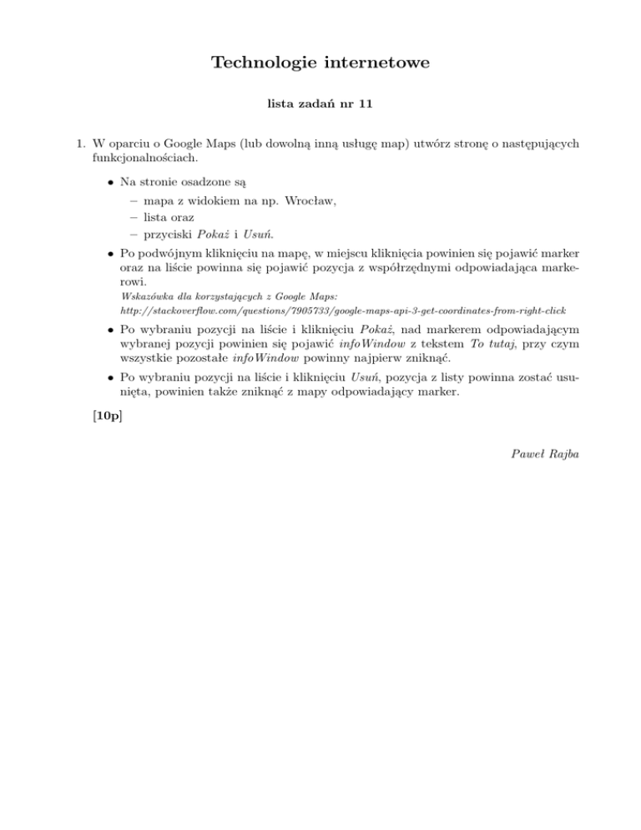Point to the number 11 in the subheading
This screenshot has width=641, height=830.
(365, 106)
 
